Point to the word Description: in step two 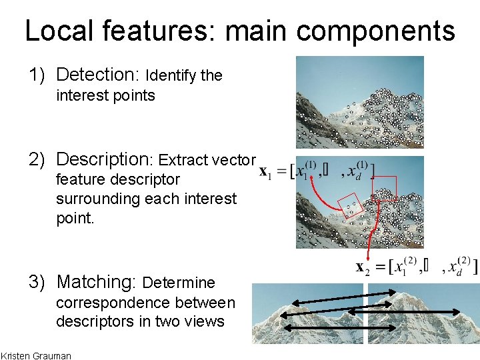point(105,159)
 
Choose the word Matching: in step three point(97,282)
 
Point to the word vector point(234,160)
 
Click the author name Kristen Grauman point(36,355)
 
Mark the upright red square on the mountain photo point(385,189)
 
